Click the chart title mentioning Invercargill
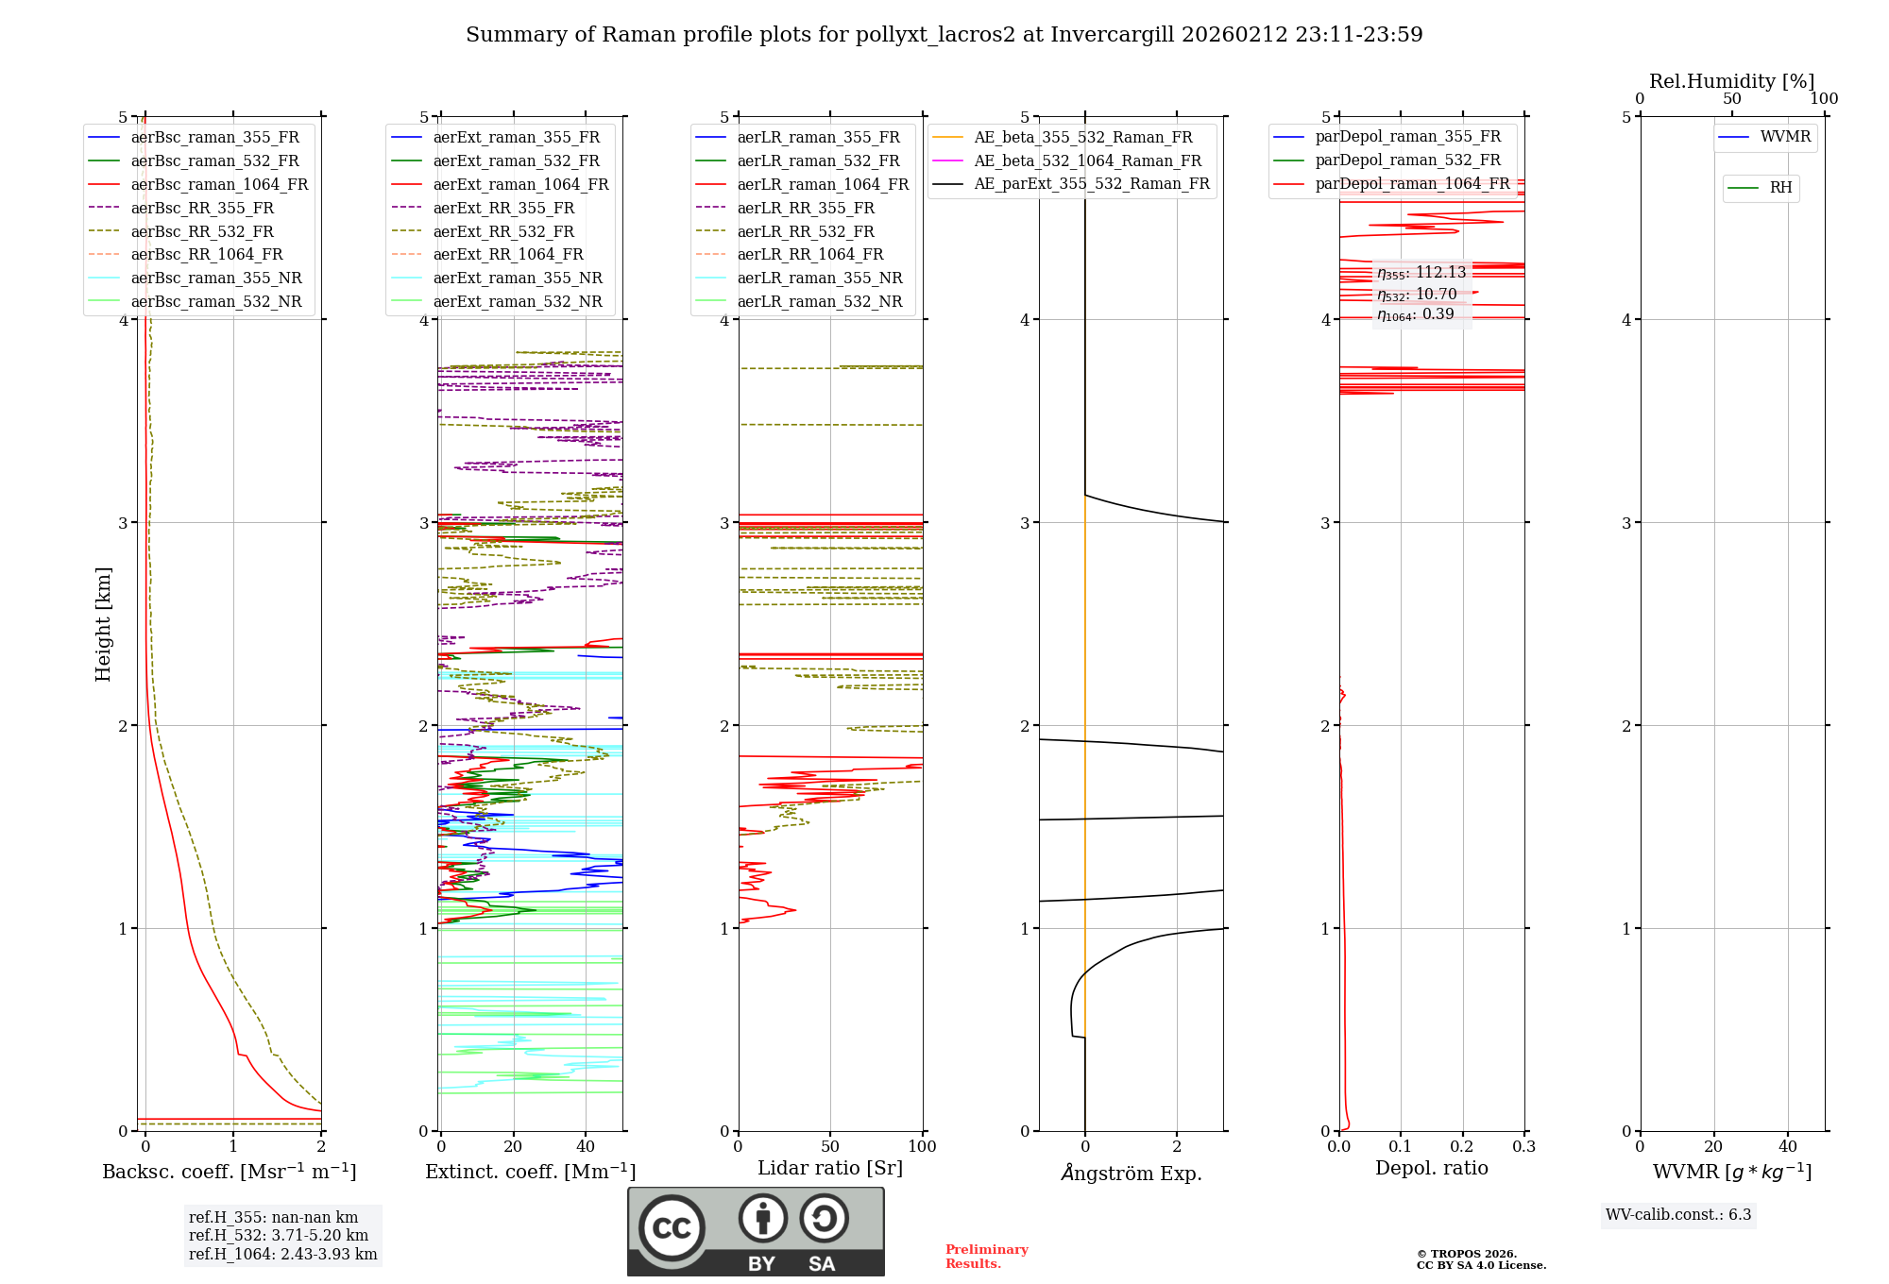(944, 35)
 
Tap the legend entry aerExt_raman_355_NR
(518, 279)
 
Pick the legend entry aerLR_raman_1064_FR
(823, 185)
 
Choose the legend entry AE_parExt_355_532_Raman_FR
(1091, 184)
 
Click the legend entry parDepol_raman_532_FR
(1407, 160)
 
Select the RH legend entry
(1780, 188)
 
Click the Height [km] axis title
(103, 624)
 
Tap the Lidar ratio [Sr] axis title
(830, 1169)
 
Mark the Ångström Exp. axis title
(1131, 1174)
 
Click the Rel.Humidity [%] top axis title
(1731, 81)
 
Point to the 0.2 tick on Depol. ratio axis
(1462, 1147)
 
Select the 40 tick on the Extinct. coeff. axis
(586, 1147)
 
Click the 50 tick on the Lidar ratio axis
(830, 1147)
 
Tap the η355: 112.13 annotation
(1421, 273)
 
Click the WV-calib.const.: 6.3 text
(1678, 1215)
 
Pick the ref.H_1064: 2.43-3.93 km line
(282, 1255)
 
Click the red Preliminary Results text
(986, 1257)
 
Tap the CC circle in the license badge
(672, 1227)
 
